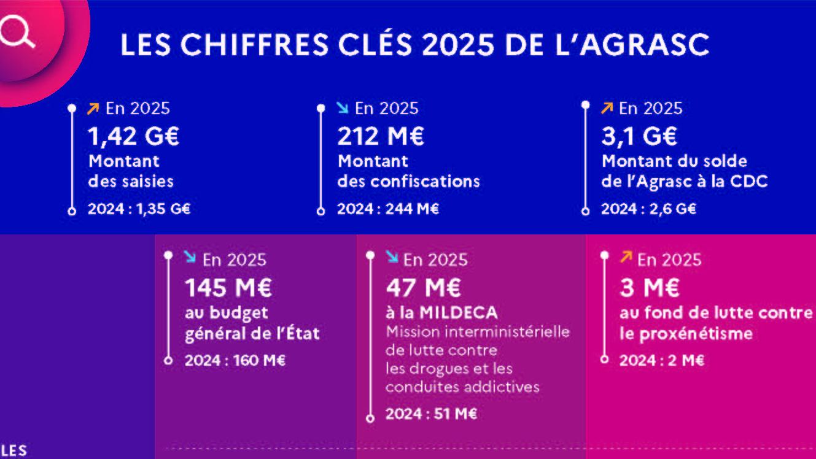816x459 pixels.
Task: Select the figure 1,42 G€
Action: tap(134, 136)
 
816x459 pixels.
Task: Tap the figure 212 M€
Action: tap(380, 136)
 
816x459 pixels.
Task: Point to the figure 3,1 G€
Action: tap(639, 136)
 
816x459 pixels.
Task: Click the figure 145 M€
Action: tap(228, 287)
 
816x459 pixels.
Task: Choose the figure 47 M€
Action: tap(424, 287)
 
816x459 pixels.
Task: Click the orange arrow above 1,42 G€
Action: tap(93, 109)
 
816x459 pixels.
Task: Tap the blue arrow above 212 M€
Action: tap(343, 109)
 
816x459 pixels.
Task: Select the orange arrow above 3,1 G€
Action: tap(607, 109)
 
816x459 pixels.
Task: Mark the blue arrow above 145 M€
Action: tap(190, 258)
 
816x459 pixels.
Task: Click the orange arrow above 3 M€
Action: tap(625, 258)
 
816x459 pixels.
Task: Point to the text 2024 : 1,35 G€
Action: tap(139, 209)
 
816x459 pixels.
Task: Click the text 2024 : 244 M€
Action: tap(388, 209)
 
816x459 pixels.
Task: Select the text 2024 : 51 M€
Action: tap(431, 414)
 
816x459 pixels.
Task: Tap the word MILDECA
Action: tap(458, 313)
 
